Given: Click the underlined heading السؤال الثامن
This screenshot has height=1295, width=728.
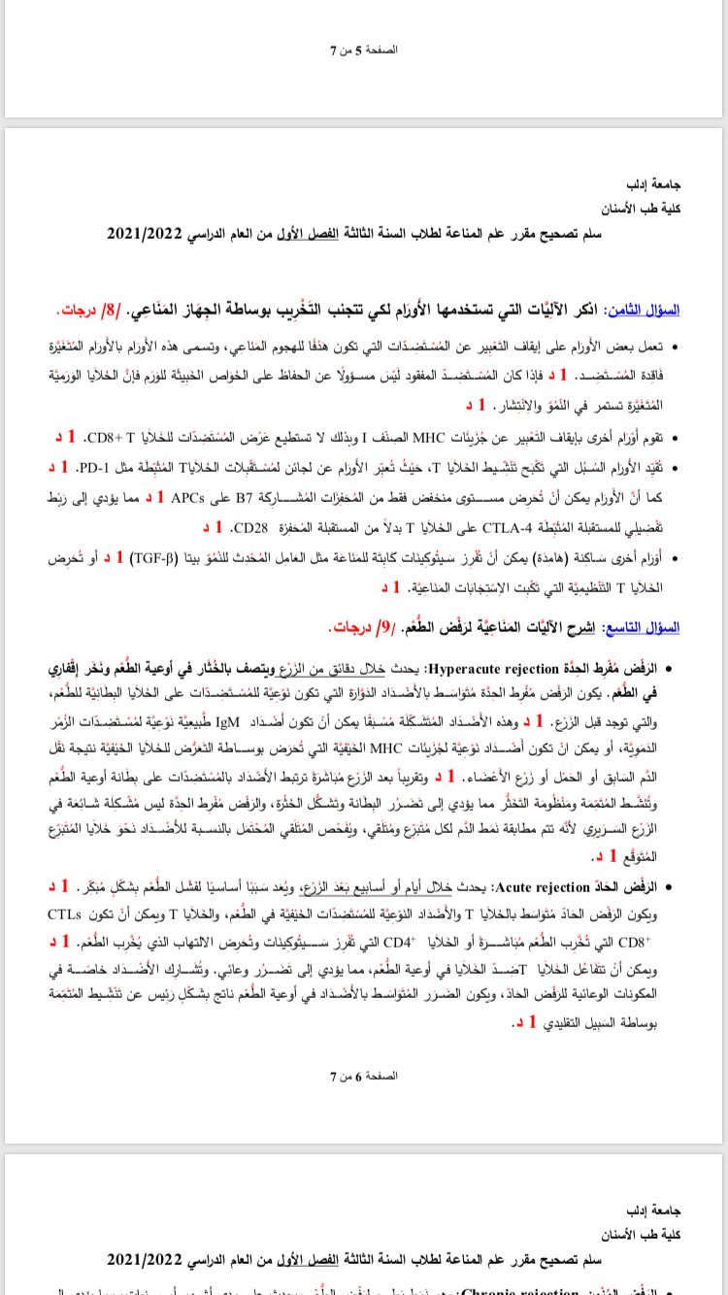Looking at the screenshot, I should (644, 310).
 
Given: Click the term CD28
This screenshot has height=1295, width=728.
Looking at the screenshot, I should (248, 528).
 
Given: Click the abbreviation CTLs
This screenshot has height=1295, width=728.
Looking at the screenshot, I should (65, 913).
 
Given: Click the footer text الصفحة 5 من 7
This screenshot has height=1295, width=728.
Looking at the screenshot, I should (364, 49).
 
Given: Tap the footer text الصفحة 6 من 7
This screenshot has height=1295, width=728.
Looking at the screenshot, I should (364, 1076).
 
